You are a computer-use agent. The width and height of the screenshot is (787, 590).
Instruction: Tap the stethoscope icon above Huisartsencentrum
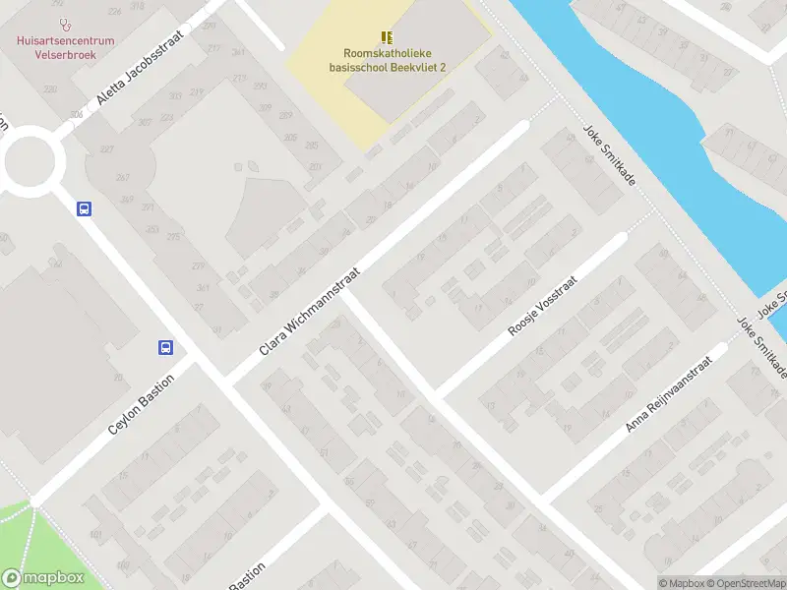click(65, 25)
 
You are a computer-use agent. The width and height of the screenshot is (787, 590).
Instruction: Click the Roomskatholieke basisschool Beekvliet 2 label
click(388, 61)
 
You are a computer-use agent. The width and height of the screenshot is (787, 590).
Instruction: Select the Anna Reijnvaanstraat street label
click(667, 395)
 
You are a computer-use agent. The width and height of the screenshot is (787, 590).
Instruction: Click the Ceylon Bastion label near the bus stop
click(142, 405)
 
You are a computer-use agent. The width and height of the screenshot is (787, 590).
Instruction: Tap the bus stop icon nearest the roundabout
click(85, 208)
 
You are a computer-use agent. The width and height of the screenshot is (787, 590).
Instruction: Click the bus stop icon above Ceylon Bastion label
click(165, 347)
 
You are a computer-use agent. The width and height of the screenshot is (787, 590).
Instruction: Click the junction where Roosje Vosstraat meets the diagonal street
click(436, 393)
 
